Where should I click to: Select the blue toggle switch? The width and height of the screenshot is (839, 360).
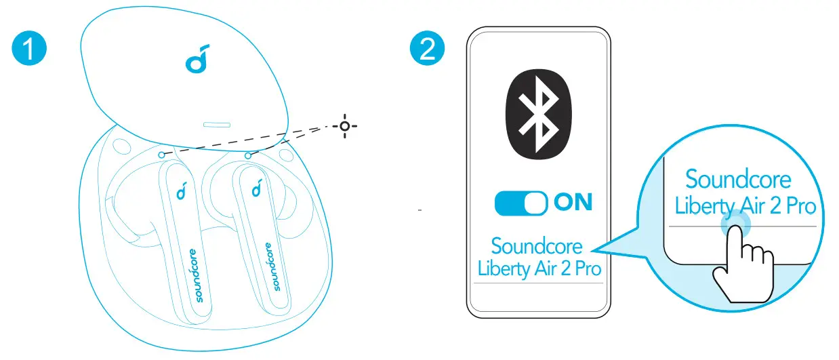coord(521,203)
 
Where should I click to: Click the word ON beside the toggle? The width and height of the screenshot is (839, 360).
coord(573,202)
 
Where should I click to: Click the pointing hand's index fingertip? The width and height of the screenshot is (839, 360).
coord(734,221)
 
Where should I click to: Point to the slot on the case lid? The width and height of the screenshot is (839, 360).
coord(216,125)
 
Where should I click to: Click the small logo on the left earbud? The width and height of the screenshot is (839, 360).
coord(182,193)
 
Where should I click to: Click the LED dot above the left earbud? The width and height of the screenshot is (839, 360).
coord(161,154)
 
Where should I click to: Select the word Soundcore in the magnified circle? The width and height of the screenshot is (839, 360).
coord(738,179)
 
